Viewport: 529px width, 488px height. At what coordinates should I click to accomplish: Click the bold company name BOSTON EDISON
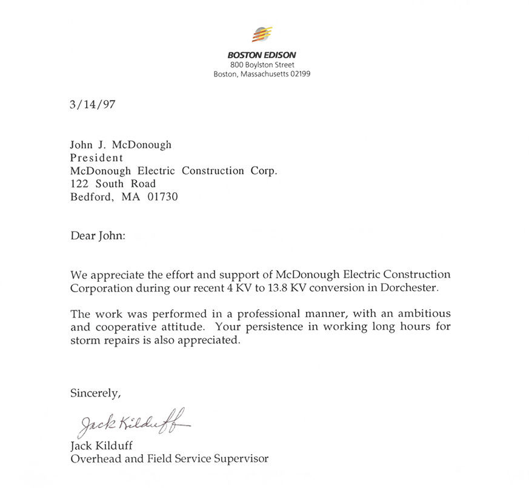coord(262,55)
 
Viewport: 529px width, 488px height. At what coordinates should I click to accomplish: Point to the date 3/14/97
coord(92,104)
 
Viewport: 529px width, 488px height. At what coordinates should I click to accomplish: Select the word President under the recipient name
coord(96,158)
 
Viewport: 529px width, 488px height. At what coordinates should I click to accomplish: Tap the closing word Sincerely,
coord(96,393)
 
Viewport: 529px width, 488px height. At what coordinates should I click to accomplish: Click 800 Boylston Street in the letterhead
coord(262,65)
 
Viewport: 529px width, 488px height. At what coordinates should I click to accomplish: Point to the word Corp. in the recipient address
coord(264,171)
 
